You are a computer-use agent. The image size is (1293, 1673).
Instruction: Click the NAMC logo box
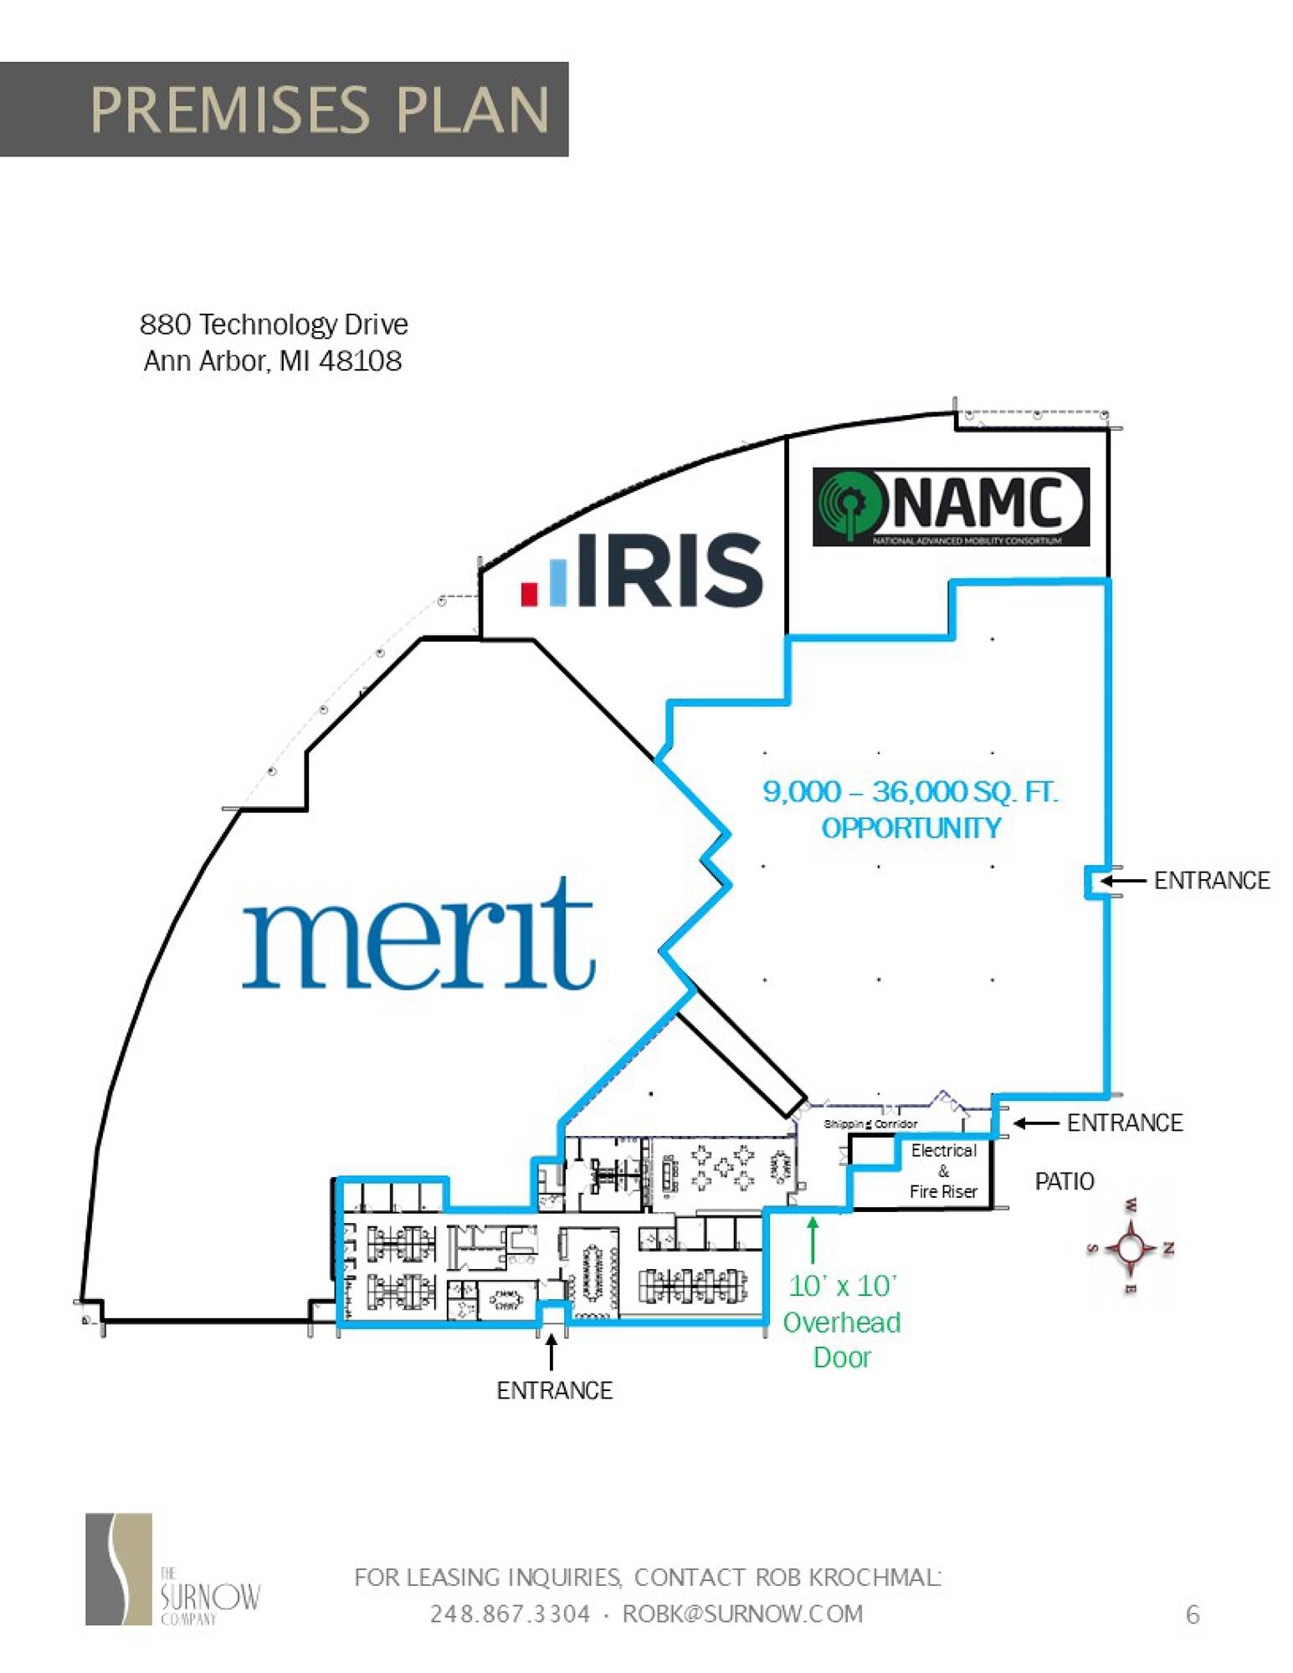(951, 506)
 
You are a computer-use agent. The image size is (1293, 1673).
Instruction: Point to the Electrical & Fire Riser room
(943, 1171)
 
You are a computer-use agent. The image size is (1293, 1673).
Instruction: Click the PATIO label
(1065, 1181)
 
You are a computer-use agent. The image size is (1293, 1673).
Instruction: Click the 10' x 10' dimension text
(842, 1286)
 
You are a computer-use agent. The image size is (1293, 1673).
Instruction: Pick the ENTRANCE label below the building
(554, 1390)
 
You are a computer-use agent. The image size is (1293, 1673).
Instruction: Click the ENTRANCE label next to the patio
(1125, 1123)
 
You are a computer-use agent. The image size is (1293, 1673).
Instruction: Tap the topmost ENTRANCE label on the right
(1212, 880)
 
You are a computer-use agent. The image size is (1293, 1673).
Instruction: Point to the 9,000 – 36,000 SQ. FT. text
(910, 791)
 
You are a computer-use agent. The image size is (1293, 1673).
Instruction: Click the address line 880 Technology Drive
(274, 325)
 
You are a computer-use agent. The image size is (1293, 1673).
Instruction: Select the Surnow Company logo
(172, 1569)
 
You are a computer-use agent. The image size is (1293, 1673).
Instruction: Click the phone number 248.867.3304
(510, 1614)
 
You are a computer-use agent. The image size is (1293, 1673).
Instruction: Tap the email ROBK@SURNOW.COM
(742, 1614)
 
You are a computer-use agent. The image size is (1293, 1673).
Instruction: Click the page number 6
(1193, 1614)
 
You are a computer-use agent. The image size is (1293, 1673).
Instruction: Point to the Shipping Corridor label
(870, 1123)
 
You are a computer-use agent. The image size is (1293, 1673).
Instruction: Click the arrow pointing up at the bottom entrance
(551, 1351)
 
